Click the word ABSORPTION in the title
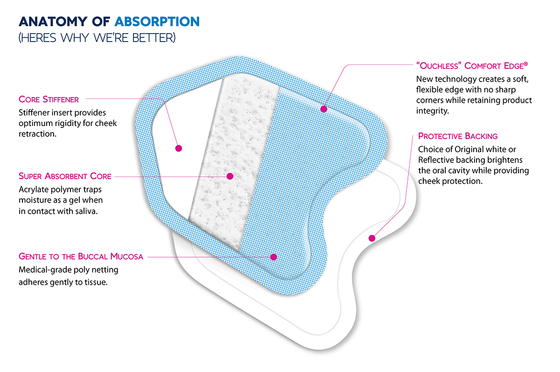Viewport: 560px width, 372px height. point(157,21)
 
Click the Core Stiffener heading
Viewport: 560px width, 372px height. point(49,99)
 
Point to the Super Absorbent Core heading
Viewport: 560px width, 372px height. point(65,176)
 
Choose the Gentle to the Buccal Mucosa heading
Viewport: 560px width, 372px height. point(81,256)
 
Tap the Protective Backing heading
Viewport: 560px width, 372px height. point(458,136)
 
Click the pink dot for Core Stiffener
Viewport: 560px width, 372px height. point(178,148)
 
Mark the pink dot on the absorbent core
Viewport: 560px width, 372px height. point(229,176)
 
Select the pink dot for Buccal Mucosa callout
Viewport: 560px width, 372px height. point(274,257)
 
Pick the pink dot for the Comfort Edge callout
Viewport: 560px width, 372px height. point(323,109)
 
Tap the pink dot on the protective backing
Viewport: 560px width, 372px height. point(372,239)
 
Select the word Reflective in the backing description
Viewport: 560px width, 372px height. point(438,160)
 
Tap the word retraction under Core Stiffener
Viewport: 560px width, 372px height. point(37,133)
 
